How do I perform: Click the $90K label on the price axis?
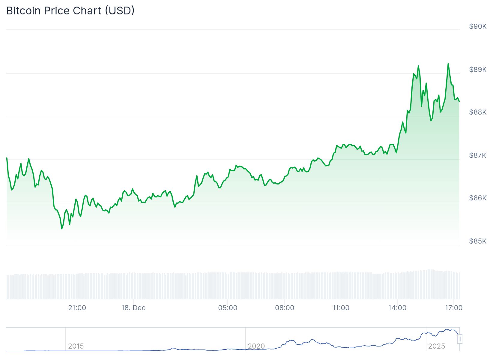[478, 26]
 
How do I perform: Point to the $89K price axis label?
[478, 70]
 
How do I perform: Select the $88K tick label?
[478, 112]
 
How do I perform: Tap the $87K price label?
[478, 155]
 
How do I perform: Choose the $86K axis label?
[478, 198]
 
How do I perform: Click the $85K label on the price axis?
[478, 241]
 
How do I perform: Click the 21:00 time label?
[77, 308]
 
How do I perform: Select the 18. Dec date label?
[133, 308]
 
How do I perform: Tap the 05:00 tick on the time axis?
[228, 308]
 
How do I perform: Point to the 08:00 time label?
[285, 308]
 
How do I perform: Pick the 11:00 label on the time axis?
[341, 308]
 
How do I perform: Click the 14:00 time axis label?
[397, 308]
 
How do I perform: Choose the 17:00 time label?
[454, 308]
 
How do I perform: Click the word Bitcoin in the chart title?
[24, 11]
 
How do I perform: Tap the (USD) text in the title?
[120, 11]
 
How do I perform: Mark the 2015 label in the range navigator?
[76, 346]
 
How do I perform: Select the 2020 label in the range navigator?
[256, 346]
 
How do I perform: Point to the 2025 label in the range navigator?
[436, 346]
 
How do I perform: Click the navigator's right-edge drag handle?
[460, 339]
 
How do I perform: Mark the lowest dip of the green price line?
[62, 229]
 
